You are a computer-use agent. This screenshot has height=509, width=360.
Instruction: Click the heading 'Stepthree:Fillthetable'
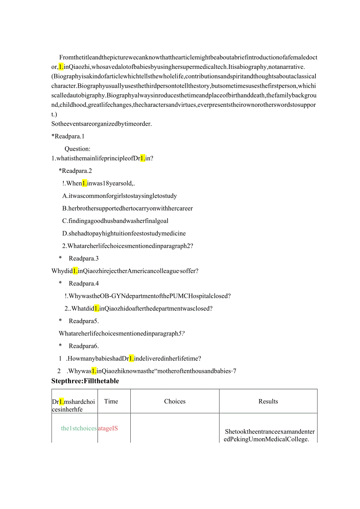(85, 381)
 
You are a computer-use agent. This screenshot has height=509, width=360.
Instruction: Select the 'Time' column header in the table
(111, 401)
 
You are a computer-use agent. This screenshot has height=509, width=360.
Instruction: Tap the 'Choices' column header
(175, 401)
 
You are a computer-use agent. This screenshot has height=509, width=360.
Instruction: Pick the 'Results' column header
(268, 401)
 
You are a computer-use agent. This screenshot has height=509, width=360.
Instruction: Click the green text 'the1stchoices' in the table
(79, 428)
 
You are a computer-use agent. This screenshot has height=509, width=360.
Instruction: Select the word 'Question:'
(77, 149)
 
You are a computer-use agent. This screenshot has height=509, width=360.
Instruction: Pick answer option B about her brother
(127, 209)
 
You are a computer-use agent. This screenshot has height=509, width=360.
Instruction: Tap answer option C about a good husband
(115, 221)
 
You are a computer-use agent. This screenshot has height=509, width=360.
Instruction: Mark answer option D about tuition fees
(124, 234)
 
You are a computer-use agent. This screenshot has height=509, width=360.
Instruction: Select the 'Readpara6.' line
(84, 346)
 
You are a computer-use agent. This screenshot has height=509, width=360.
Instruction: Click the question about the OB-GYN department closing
(148, 296)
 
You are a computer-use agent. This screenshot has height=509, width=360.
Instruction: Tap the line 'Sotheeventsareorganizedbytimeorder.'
(101, 124)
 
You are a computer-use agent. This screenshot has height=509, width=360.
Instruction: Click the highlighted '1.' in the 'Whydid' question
(76, 271)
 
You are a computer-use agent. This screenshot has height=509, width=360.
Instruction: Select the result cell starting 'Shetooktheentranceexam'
(270, 435)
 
